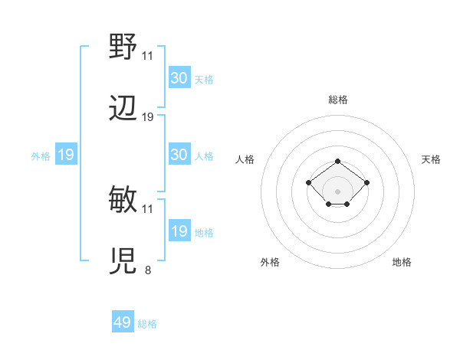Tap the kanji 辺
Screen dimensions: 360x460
123,109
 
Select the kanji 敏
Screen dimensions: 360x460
123,200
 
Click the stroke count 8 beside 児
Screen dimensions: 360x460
147,270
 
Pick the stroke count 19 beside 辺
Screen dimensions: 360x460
148,116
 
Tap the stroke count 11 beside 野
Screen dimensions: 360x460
148,55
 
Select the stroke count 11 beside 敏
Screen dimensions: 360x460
148,208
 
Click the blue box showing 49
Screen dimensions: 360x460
123,322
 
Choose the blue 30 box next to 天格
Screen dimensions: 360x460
179,78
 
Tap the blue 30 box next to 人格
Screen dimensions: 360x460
179,155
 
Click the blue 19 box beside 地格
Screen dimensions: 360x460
179,231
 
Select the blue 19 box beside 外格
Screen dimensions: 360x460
65,155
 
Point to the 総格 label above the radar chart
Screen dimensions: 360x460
338,100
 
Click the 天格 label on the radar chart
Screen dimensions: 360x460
431,159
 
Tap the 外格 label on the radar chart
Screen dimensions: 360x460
270,262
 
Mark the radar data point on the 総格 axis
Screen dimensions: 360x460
338,162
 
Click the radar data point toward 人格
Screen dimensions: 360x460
309,182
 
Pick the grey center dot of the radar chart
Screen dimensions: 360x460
338,191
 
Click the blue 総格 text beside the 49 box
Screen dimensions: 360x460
147,324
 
